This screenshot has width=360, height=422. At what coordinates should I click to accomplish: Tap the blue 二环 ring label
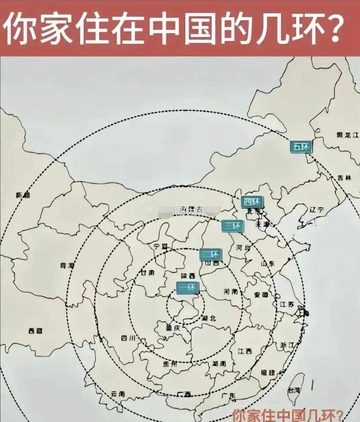click(210, 254)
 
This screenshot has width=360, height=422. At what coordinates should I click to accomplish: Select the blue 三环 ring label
click(232, 226)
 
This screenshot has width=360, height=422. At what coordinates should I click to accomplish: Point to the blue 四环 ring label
click(252, 202)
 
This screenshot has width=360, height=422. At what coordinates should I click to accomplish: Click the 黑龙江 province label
click(347, 135)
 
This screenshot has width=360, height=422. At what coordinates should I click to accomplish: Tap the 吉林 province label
click(344, 178)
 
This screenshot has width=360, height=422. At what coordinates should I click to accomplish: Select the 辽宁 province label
click(316, 209)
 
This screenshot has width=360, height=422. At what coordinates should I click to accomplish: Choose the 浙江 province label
click(287, 345)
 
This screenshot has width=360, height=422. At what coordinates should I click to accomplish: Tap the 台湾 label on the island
click(293, 390)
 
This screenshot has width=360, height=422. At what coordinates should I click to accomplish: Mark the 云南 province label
click(118, 394)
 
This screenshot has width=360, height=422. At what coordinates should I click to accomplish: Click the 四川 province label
click(128, 338)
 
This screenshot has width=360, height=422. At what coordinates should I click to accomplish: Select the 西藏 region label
click(35, 331)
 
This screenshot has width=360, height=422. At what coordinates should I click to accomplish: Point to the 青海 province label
click(67, 265)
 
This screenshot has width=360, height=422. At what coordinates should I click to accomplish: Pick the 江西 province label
click(245, 351)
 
